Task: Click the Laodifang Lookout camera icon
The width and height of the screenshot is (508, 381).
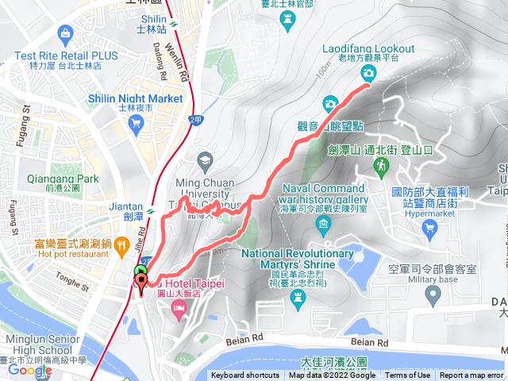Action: pos(368,74)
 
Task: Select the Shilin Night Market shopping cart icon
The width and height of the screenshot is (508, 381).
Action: pos(137,123)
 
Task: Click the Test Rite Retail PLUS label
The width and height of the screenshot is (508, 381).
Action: pos(65,56)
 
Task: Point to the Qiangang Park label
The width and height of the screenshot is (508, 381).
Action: pos(63,179)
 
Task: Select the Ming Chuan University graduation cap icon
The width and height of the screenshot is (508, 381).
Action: pos(206,162)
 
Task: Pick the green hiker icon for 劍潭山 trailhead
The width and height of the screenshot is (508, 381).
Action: pos(381,165)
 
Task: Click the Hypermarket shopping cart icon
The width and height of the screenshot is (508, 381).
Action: pos(429,229)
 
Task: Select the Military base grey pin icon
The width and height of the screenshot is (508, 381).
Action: pos(433,295)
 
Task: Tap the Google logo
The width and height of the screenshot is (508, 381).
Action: pos(29,370)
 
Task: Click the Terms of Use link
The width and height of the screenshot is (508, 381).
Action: pos(408,375)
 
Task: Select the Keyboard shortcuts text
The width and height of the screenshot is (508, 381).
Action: pos(245,375)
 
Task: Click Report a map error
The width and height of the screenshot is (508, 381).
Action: pos(471,375)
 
